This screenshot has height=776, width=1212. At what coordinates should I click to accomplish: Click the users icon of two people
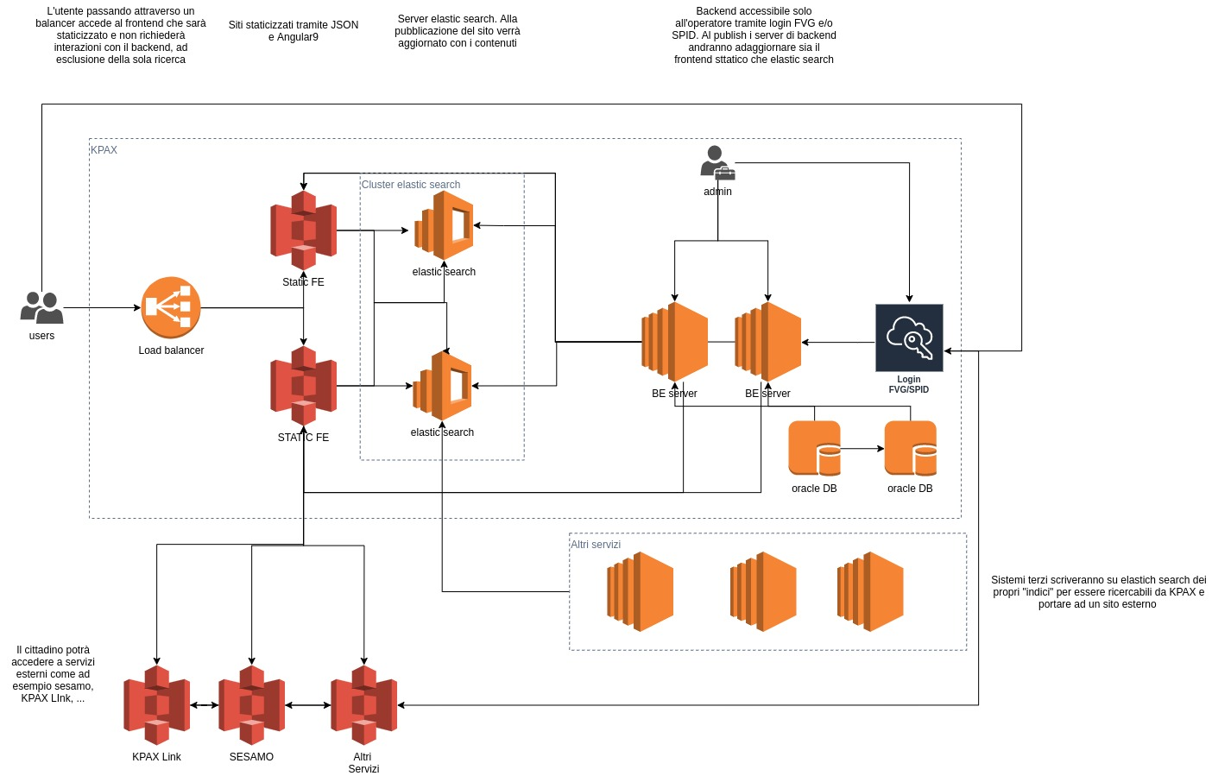(x=41, y=307)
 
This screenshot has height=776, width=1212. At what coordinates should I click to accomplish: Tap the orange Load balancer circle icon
(x=171, y=307)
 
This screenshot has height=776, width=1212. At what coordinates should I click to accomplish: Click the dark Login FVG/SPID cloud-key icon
(x=909, y=338)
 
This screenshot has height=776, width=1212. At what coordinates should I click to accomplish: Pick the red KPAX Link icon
(x=156, y=705)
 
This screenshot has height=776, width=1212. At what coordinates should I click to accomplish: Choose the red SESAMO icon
(x=251, y=705)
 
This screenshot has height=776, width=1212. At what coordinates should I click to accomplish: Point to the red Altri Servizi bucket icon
(x=363, y=705)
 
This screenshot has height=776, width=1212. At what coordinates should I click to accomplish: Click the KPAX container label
(x=104, y=150)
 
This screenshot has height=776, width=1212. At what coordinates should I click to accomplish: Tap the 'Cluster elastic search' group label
(x=410, y=185)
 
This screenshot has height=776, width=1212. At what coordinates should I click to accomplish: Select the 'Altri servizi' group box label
(x=596, y=545)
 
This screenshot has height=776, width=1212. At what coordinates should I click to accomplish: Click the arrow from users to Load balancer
(x=102, y=307)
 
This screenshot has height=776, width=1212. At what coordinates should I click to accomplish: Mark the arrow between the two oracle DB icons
(x=862, y=449)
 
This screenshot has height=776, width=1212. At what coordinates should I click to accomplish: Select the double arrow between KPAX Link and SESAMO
(x=204, y=705)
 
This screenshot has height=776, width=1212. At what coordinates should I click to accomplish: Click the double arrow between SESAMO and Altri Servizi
(x=307, y=705)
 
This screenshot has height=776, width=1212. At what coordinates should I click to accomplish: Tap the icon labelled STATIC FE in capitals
(x=303, y=386)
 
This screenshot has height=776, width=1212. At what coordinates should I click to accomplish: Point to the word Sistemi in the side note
(x=1009, y=580)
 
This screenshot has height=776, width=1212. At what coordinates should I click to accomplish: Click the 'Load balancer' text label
(x=171, y=350)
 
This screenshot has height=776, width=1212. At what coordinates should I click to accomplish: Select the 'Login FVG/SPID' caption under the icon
(x=909, y=384)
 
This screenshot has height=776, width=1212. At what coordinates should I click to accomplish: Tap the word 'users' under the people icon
(x=41, y=336)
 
